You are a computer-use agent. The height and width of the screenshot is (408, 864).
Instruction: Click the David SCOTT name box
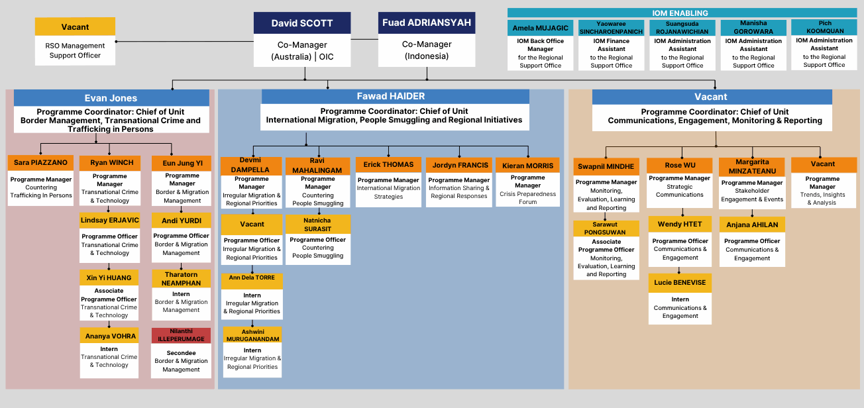point(302,23)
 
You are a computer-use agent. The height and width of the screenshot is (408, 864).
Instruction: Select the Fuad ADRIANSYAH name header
point(427,23)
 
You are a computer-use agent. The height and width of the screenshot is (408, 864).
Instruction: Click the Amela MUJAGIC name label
point(540,28)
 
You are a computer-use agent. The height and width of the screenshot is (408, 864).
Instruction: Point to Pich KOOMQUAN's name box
point(824,27)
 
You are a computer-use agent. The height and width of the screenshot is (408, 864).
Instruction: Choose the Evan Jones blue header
point(111,98)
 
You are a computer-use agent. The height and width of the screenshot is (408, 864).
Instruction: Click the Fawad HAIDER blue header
point(395,97)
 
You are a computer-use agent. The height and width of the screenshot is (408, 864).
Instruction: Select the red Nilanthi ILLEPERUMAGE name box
point(181,336)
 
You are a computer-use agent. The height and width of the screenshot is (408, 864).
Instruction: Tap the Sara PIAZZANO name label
point(40,162)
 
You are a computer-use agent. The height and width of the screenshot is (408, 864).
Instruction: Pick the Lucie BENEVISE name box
point(680,283)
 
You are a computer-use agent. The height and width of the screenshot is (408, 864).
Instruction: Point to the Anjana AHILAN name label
point(752,225)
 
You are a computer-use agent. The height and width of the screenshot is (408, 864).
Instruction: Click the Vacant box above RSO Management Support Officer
point(75,26)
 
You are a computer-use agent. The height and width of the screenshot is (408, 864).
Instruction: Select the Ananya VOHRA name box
point(109,336)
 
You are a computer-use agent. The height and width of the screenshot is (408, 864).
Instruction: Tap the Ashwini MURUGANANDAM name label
point(252,334)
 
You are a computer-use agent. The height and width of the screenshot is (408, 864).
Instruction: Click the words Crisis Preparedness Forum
point(527,198)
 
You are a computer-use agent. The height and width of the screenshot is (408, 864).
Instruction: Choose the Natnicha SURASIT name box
point(318,224)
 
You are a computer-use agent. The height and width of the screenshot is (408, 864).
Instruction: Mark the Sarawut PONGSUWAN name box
point(606,229)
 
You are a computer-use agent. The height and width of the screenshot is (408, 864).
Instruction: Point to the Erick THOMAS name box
point(388,165)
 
